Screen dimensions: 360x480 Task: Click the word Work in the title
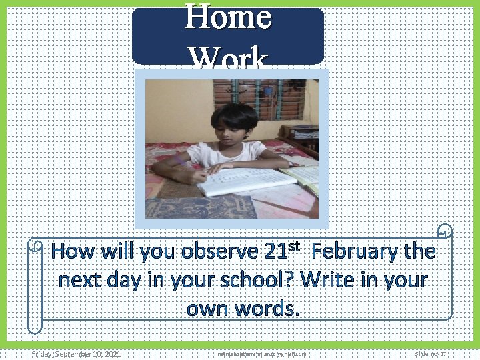(228, 57)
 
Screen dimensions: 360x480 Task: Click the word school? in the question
(259, 280)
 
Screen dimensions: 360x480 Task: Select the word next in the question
(81, 280)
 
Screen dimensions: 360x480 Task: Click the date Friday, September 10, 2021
(77, 354)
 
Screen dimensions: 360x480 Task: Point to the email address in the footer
(261, 354)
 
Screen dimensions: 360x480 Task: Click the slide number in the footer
(430, 354)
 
